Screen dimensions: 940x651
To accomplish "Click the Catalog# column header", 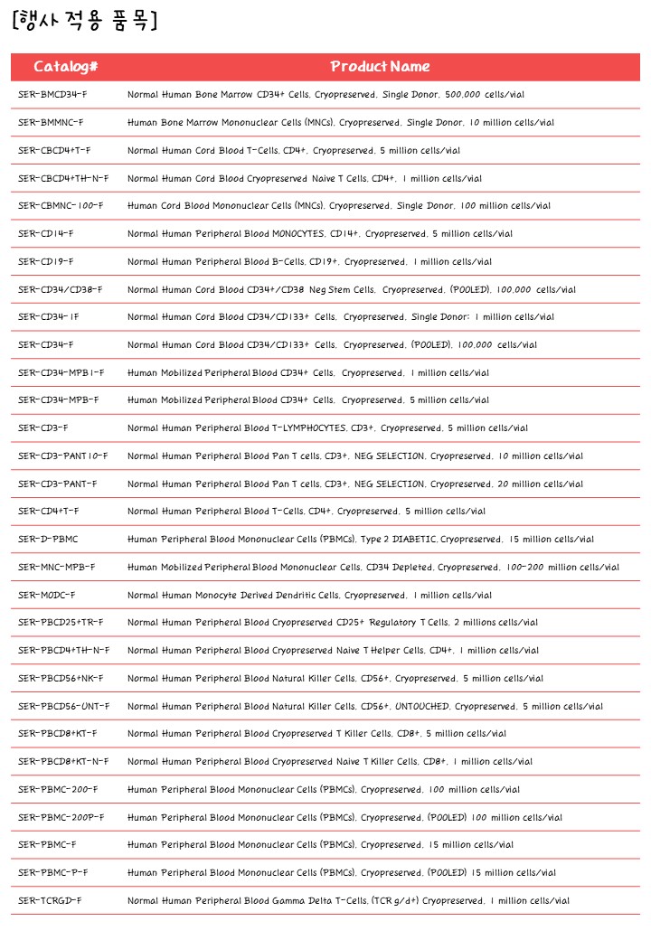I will [x=66, y=67].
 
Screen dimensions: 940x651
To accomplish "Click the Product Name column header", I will [x=380, y=67].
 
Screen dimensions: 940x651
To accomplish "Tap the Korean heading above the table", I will [x=86, y=22].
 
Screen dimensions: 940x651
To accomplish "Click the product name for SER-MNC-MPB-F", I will [x=373, y=568].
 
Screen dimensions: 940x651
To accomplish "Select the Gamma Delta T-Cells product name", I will [x=348, y=900].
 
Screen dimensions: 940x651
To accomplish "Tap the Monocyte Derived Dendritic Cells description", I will [x=309, y=595].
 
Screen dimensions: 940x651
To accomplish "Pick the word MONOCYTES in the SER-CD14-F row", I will [x=298, y=233].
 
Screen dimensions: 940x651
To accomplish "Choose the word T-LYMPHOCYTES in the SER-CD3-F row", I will [x=308, y=428].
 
